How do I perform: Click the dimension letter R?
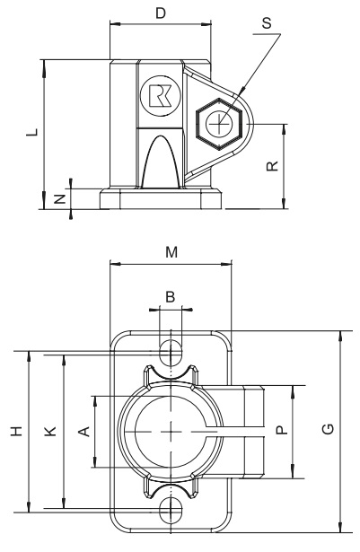[x=273, y=164]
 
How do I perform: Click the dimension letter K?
[x=50, y=432]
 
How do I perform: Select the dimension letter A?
[x=84, y=432]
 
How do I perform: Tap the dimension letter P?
[x=281, y=432]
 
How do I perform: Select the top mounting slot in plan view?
[x=170, y=348]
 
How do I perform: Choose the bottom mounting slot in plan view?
[x=170, y=513]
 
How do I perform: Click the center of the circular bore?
[x=169, y=432]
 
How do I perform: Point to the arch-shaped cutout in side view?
[x=162, y=162]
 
